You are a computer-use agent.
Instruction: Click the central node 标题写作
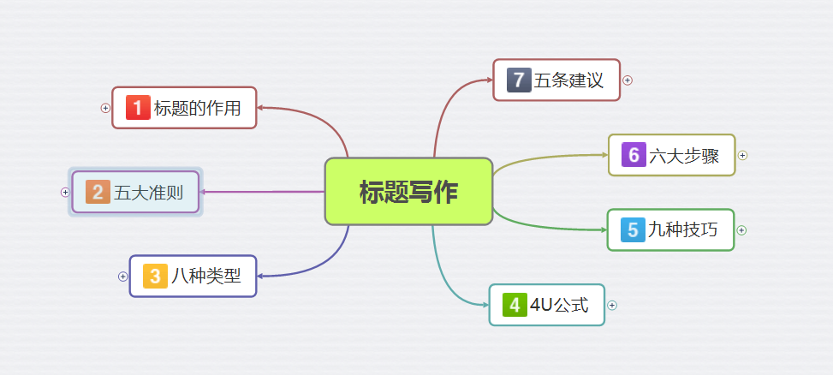pyautogui.click(x=408, y=192)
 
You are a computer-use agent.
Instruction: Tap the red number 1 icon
pyautogui.click(x=138, y=108)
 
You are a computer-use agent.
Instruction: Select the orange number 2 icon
pyautogui.click(x=98, y=193)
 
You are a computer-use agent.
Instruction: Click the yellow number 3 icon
pyautogui.click(x=155, y=276)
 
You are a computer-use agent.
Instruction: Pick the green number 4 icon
pyautogui.click(x=514, y=305)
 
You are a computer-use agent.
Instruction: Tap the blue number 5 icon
pyautogui.click(x=633, y=229)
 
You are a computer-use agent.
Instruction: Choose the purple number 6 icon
pyautogui.click(x=634, y=155)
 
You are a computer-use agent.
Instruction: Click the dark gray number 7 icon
pyautogui.click(x=519, y=80)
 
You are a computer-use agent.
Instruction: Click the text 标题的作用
pyautogui.click(x=197, y=108)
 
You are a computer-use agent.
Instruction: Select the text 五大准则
pyautogui.click(x=149, y=193)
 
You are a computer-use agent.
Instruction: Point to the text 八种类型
pyautogui.click(x=206, y=276)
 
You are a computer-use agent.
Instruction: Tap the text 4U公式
pyautogui.click(x=559, y=305)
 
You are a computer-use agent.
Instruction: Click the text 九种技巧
pyautogui.click(x=682, y=229)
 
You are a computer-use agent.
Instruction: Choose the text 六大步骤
pyautogui.click(x=684, y=155)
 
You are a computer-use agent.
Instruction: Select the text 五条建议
pyautogui.click(x=569, y=80)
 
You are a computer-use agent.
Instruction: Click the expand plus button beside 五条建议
pyautogui.click(x=628, y=80)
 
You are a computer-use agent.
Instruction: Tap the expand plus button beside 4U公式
pyautogui.click(x=612, y=306)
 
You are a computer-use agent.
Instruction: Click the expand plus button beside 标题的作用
pyautogui.click(x=105, y=108)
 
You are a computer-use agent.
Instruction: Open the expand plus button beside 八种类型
pyautogui.click(x=123, y=277)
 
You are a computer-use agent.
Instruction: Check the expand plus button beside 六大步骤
pyautogui.click(x=742, y=156)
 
